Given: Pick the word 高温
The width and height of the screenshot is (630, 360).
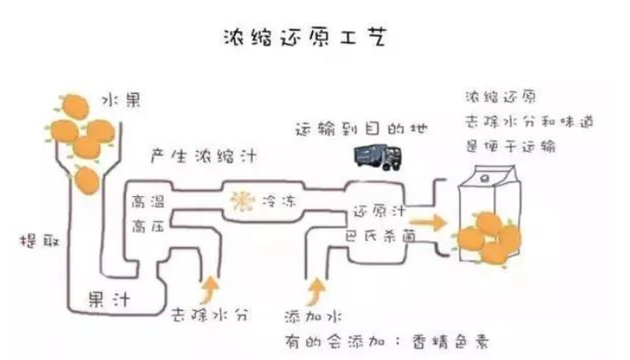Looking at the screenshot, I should point(146,201).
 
